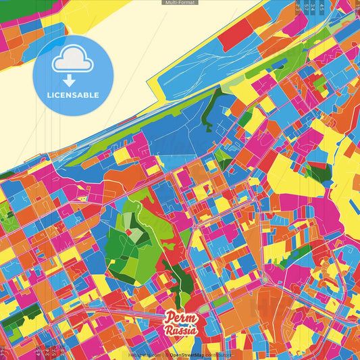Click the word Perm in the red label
click(181, 318)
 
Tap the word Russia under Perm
click(182, 330)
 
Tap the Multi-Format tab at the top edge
click(180, 3)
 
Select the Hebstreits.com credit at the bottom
click(143, 355)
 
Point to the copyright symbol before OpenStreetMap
click(167, 355)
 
